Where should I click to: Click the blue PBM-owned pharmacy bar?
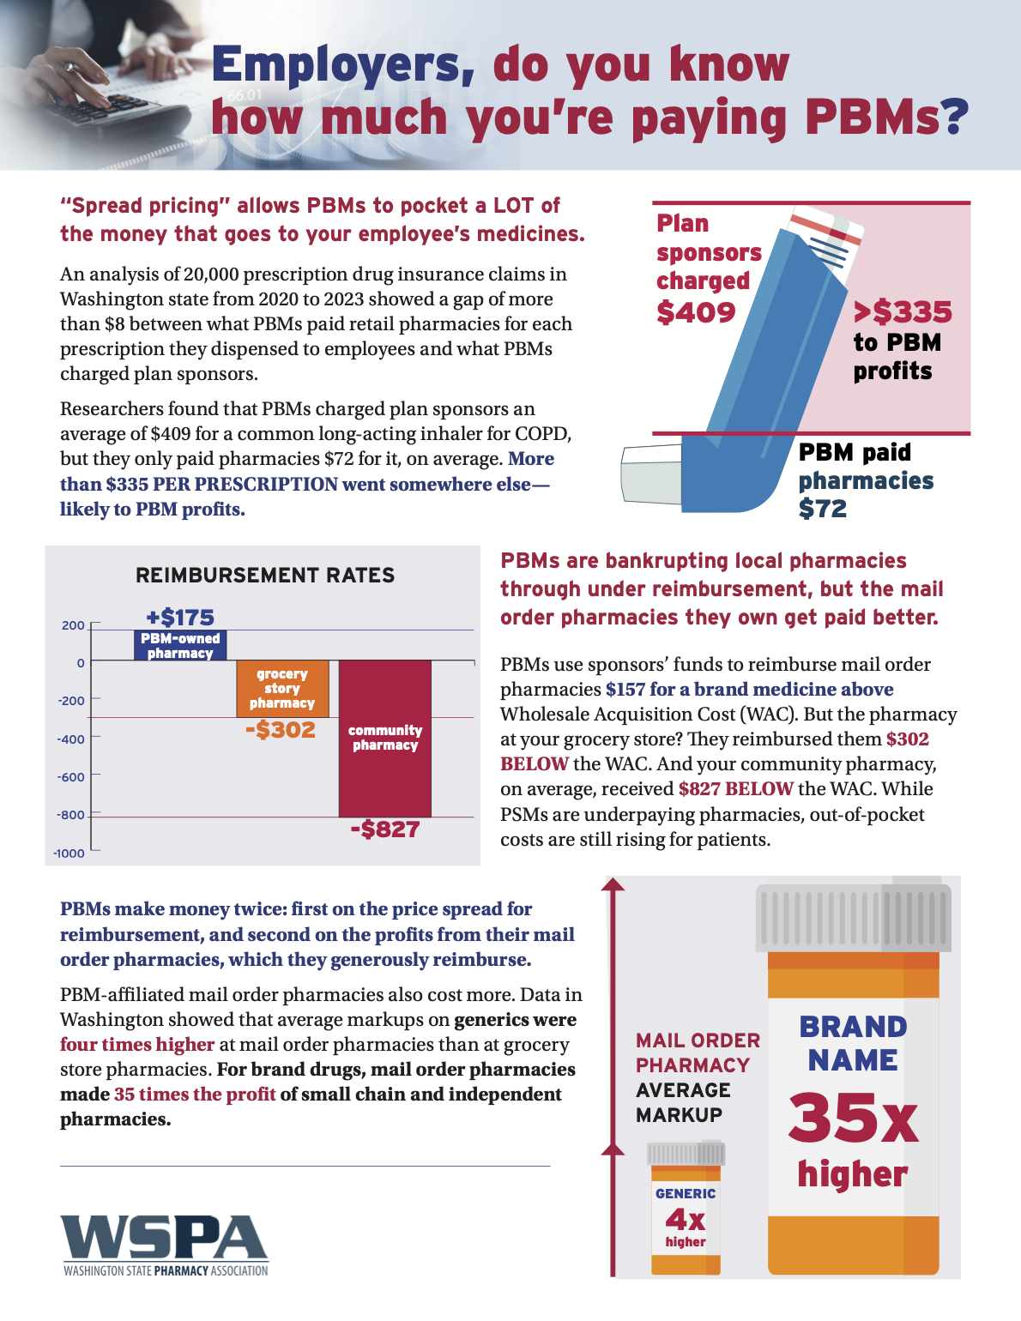(x=180, y=645)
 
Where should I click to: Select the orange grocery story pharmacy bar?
(x=282, y=688)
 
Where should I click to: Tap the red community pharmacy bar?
(x=384, y=738)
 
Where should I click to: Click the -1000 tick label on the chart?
(x=69, y=853)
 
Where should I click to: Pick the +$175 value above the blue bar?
(x=180, y=617)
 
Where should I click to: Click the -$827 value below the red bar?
(x=384, y=829)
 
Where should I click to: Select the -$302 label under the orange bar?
(x=281, y=730)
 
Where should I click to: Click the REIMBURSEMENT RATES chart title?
(x=265, y=576)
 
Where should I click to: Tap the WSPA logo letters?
(x=164, y=1239)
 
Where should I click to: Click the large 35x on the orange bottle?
(x=853, y=1118)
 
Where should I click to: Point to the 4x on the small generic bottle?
(x=686, y=1219)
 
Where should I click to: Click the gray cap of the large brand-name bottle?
(x=853, y=918)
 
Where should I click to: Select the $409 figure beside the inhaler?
(x=696, y=312)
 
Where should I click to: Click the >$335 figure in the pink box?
(x=903, y=311)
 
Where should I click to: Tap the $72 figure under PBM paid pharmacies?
(x=822, y=509)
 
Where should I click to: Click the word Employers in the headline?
(x=342, y=65)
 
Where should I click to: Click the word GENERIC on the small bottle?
(x=686, y=1193)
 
